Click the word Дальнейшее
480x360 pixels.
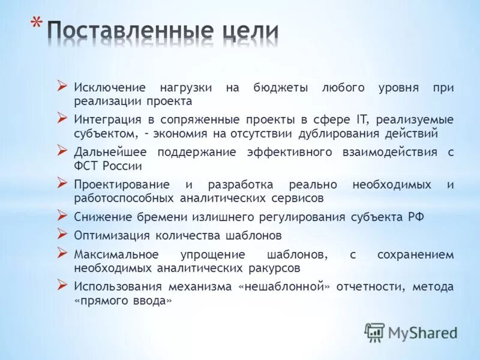point(112,152)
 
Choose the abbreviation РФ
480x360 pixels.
point(416,217)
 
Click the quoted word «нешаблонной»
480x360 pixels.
point(286,287)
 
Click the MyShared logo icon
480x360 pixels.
point(375,332)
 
